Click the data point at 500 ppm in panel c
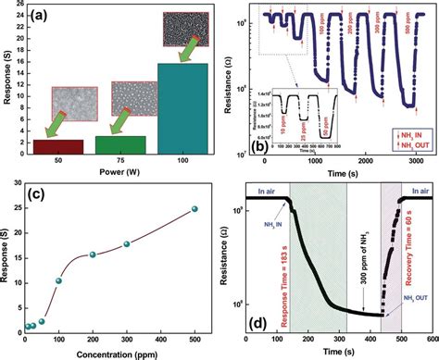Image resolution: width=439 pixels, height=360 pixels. coord(194,209)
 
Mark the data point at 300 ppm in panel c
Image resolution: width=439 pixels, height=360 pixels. coord(127,244)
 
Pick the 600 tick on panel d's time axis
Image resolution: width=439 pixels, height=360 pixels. coord(430,340)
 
